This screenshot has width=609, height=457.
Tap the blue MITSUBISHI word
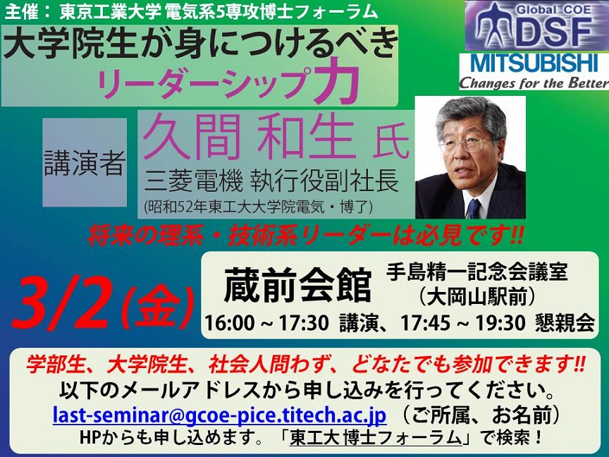click(534, 63)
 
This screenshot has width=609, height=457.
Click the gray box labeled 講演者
click(85, 162)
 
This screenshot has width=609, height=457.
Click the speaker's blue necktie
click(474, 208)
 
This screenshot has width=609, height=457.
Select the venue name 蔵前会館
click(297, 285)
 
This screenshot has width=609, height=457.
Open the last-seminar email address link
click(219, 415)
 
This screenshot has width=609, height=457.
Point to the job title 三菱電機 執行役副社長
click(271, 181)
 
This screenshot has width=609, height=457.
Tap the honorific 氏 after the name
click(391, 144)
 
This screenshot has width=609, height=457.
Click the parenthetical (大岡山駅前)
click(477, 298)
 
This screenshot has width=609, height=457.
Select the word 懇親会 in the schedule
click(565, 323)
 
